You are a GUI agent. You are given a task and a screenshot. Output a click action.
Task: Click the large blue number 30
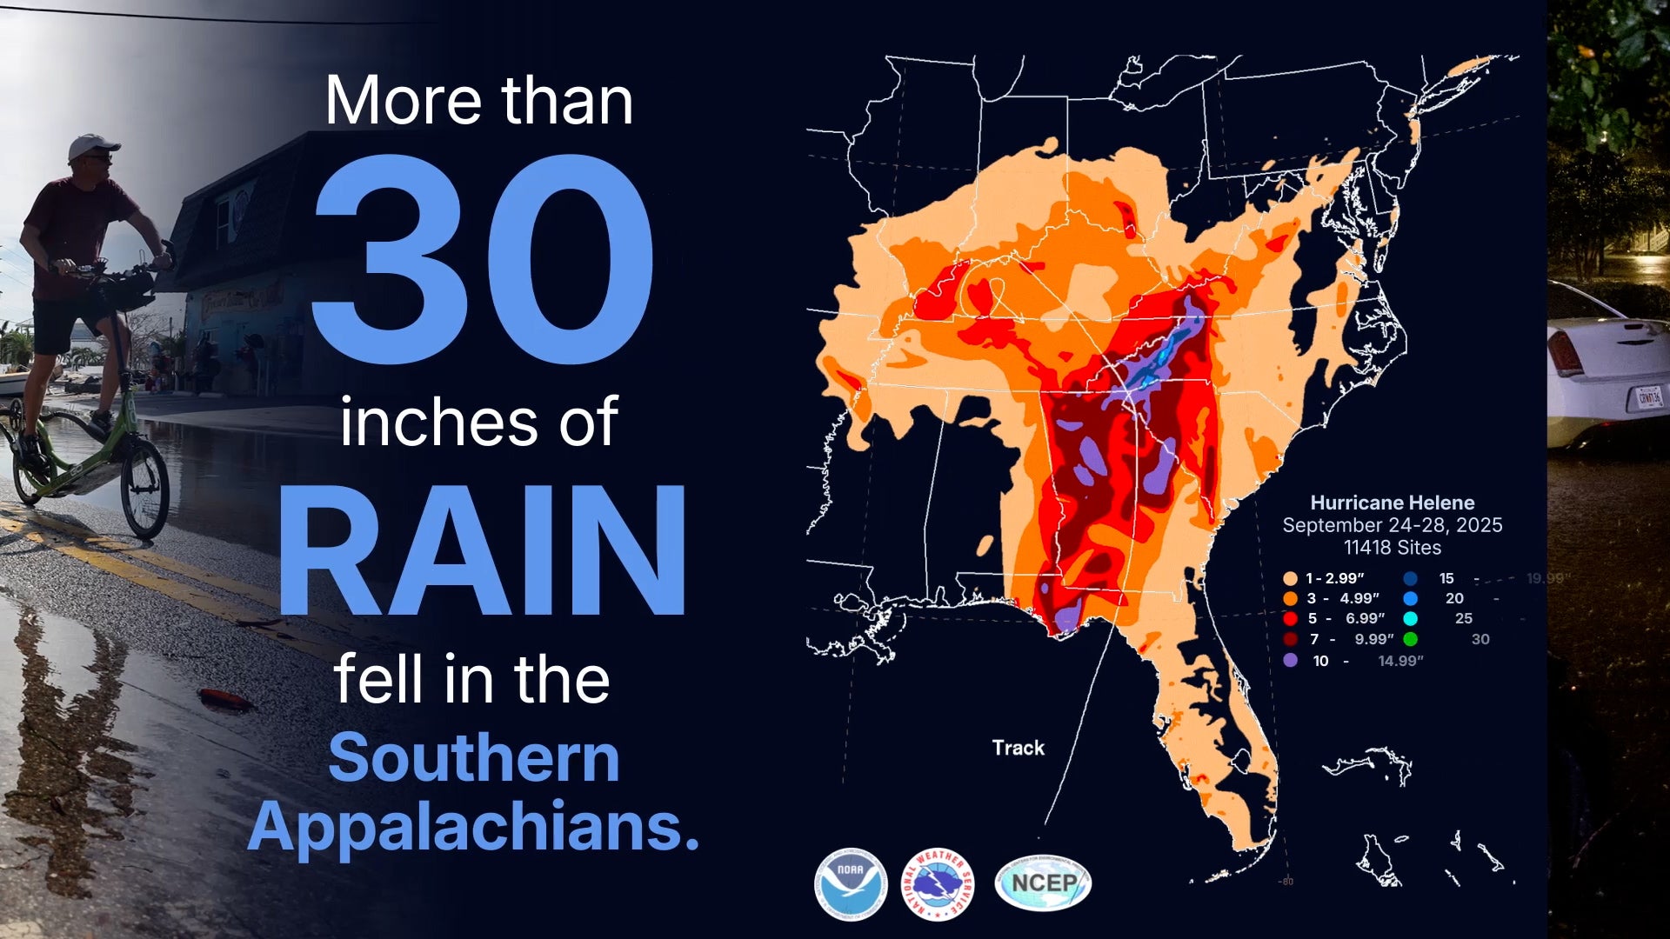click(x=483, y=258)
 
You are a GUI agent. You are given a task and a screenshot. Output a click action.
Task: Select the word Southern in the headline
click(x=474, y=758)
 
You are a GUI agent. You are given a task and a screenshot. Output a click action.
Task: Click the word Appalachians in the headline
click(x=474, y=826)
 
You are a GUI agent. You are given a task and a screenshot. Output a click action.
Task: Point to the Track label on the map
click(x=1019, y=748)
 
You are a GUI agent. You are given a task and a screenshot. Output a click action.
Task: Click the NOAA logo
click(x=851, y=884)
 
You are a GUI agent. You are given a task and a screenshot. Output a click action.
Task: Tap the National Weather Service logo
click(x=937, y=884)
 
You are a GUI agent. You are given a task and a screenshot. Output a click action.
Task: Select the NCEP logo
click(x=1043, y=883)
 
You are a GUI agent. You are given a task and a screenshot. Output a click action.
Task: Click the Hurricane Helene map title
click(x=1393, y=503)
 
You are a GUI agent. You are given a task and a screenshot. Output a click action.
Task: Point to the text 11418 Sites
click(x=1393, y=548)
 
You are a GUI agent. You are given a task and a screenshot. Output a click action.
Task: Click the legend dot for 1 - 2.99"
click(x=1290, y=579)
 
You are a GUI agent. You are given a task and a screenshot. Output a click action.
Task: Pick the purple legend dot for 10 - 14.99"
click(x=1290, y=661)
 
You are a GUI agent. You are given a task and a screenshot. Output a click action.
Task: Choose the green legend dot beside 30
click(x=1411, y=640)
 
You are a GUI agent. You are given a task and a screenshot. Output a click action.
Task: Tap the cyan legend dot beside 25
click(x=1411, y=619)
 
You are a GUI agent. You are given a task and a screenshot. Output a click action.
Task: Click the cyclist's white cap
click(x=90, y=145)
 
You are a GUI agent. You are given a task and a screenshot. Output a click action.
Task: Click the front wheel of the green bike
click(x=144, y=488)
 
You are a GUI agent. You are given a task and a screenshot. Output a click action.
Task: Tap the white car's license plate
click(x=1649, y=398)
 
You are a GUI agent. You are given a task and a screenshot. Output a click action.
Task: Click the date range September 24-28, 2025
click(x=1393, y=525)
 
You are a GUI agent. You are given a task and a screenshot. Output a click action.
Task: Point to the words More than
click(x=479, y=101)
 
